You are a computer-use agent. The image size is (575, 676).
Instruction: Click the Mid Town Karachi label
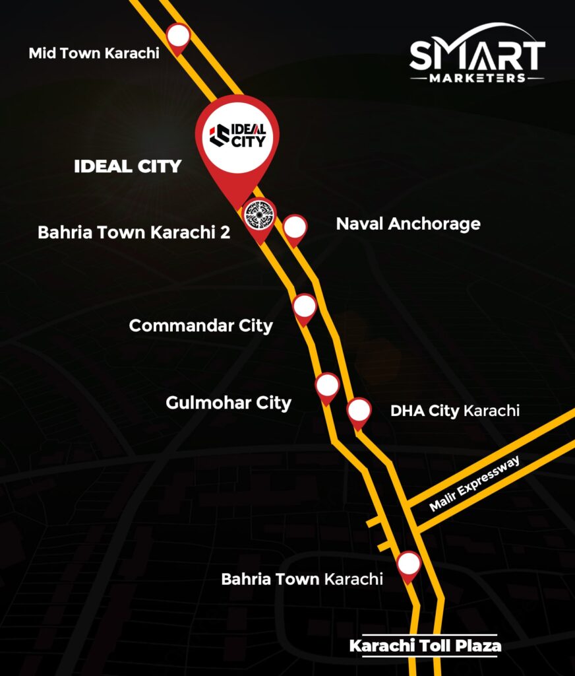94,53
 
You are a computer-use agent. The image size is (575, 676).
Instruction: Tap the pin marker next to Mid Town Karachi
178,37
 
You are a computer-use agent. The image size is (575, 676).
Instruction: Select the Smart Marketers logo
477,54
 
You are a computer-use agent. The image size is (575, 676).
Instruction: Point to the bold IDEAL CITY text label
127,166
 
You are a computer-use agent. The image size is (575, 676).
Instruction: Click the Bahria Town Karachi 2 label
134,232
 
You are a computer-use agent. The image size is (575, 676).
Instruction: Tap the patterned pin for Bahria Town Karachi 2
259,215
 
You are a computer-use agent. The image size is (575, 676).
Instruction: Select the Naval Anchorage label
408,224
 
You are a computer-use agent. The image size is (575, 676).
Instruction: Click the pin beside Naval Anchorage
295,228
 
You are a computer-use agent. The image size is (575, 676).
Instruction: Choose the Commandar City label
200,325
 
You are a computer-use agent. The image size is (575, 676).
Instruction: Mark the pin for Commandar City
304,307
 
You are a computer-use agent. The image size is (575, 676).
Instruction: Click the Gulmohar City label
228,402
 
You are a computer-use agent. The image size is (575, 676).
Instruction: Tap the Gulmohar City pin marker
327,386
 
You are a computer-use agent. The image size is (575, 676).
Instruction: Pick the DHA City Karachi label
455,411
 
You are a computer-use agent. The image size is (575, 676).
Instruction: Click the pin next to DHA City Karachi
359,411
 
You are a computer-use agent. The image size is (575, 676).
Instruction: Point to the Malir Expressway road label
475,484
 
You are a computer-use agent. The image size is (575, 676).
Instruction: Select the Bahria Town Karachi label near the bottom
301,579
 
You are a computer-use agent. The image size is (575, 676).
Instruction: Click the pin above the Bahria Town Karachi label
409,564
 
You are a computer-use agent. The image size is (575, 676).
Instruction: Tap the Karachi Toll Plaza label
425,646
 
